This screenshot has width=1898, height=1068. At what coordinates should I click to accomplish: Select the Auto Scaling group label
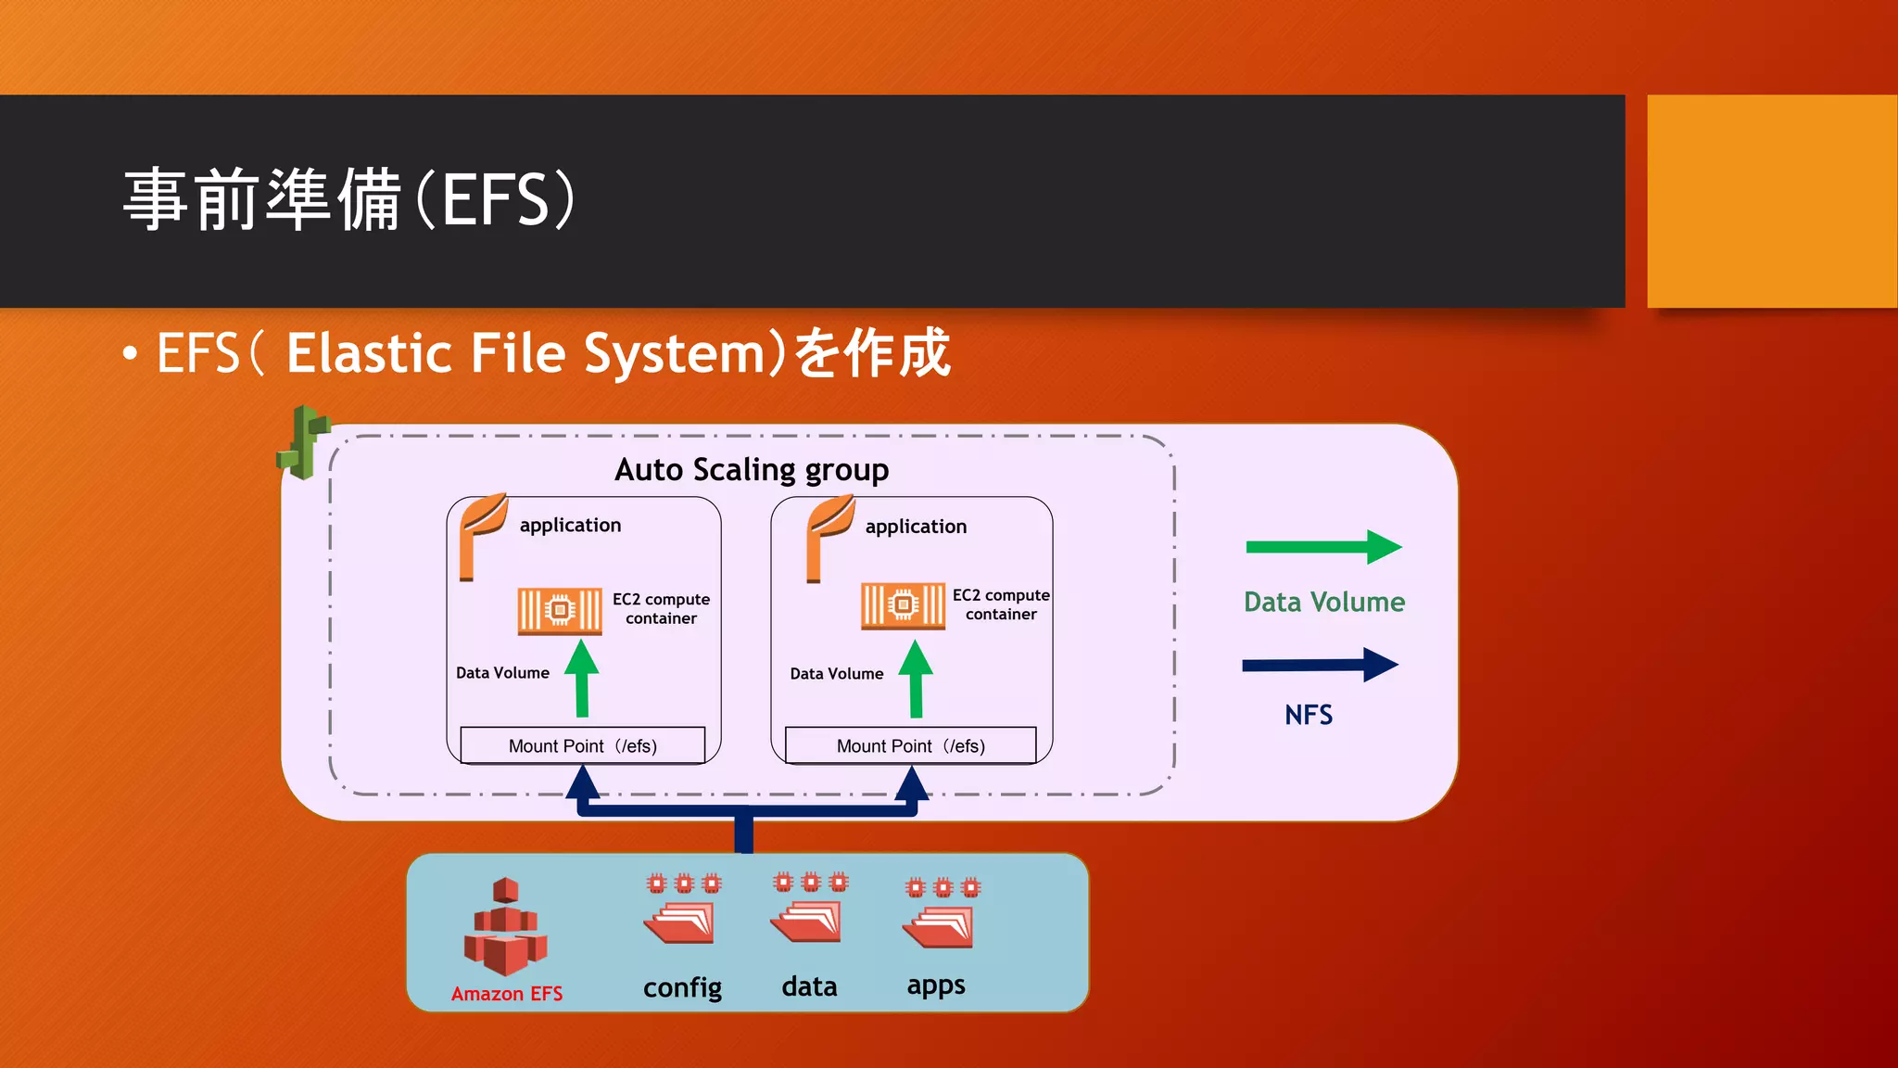[x=752, y=469]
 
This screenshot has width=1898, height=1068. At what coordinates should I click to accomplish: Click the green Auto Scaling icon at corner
[x=303, y=442]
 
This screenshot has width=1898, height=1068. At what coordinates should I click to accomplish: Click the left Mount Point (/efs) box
[x=583, y=745]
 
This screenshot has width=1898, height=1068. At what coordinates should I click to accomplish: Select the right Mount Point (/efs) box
[x=911, y=745]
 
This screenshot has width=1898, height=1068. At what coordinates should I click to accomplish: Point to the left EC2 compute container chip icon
[x=559, y=610]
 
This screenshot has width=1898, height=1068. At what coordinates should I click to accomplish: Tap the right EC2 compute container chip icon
[x=903, y=605]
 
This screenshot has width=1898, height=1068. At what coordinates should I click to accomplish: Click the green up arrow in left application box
[x=582, y=678]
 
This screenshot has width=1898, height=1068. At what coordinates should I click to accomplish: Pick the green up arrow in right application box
[x=916, y=678]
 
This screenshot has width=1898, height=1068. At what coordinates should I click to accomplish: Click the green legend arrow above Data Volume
[x=1323, y=547]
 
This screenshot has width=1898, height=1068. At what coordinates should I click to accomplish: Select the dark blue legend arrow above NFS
[x=1320, y=665]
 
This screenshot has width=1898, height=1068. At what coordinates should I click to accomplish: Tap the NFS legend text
[x=1309, y=715]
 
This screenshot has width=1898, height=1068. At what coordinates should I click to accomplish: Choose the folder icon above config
[x=681, y=923]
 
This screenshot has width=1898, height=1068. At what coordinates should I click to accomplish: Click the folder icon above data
[x=807, y=922]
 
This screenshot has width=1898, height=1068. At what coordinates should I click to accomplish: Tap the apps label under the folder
[x=936, y=985]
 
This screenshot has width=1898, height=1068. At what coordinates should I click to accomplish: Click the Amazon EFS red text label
[x=507, y=994]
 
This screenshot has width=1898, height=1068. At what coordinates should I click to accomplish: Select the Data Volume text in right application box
[x=836, y=674]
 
